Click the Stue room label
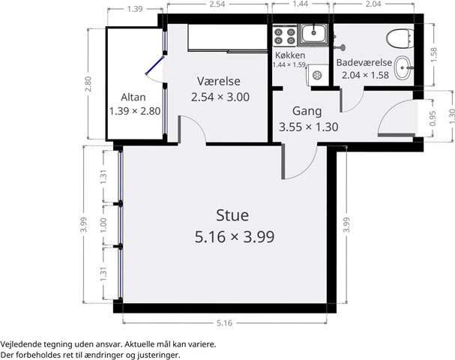click(232, 215)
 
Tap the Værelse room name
click(218, 81)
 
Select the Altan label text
click(133, 97)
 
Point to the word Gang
click(307, 112)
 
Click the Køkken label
click(290, 55)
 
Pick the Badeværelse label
click(364, 62)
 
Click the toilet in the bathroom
click(400, 38)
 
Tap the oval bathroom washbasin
click(403, 68)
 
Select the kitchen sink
click(313, 34)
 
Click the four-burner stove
click(284, 36)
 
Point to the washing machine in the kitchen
click(317, 76)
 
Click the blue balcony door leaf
click(154, 65)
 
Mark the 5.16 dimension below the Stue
click(225, 322)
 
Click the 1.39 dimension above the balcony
click(135, 9)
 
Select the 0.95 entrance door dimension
click(433, 118)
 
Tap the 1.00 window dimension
click(103, 225)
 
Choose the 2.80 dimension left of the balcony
click(88, 84)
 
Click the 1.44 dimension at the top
click(300, 4)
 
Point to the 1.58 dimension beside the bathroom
click(433, 55)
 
